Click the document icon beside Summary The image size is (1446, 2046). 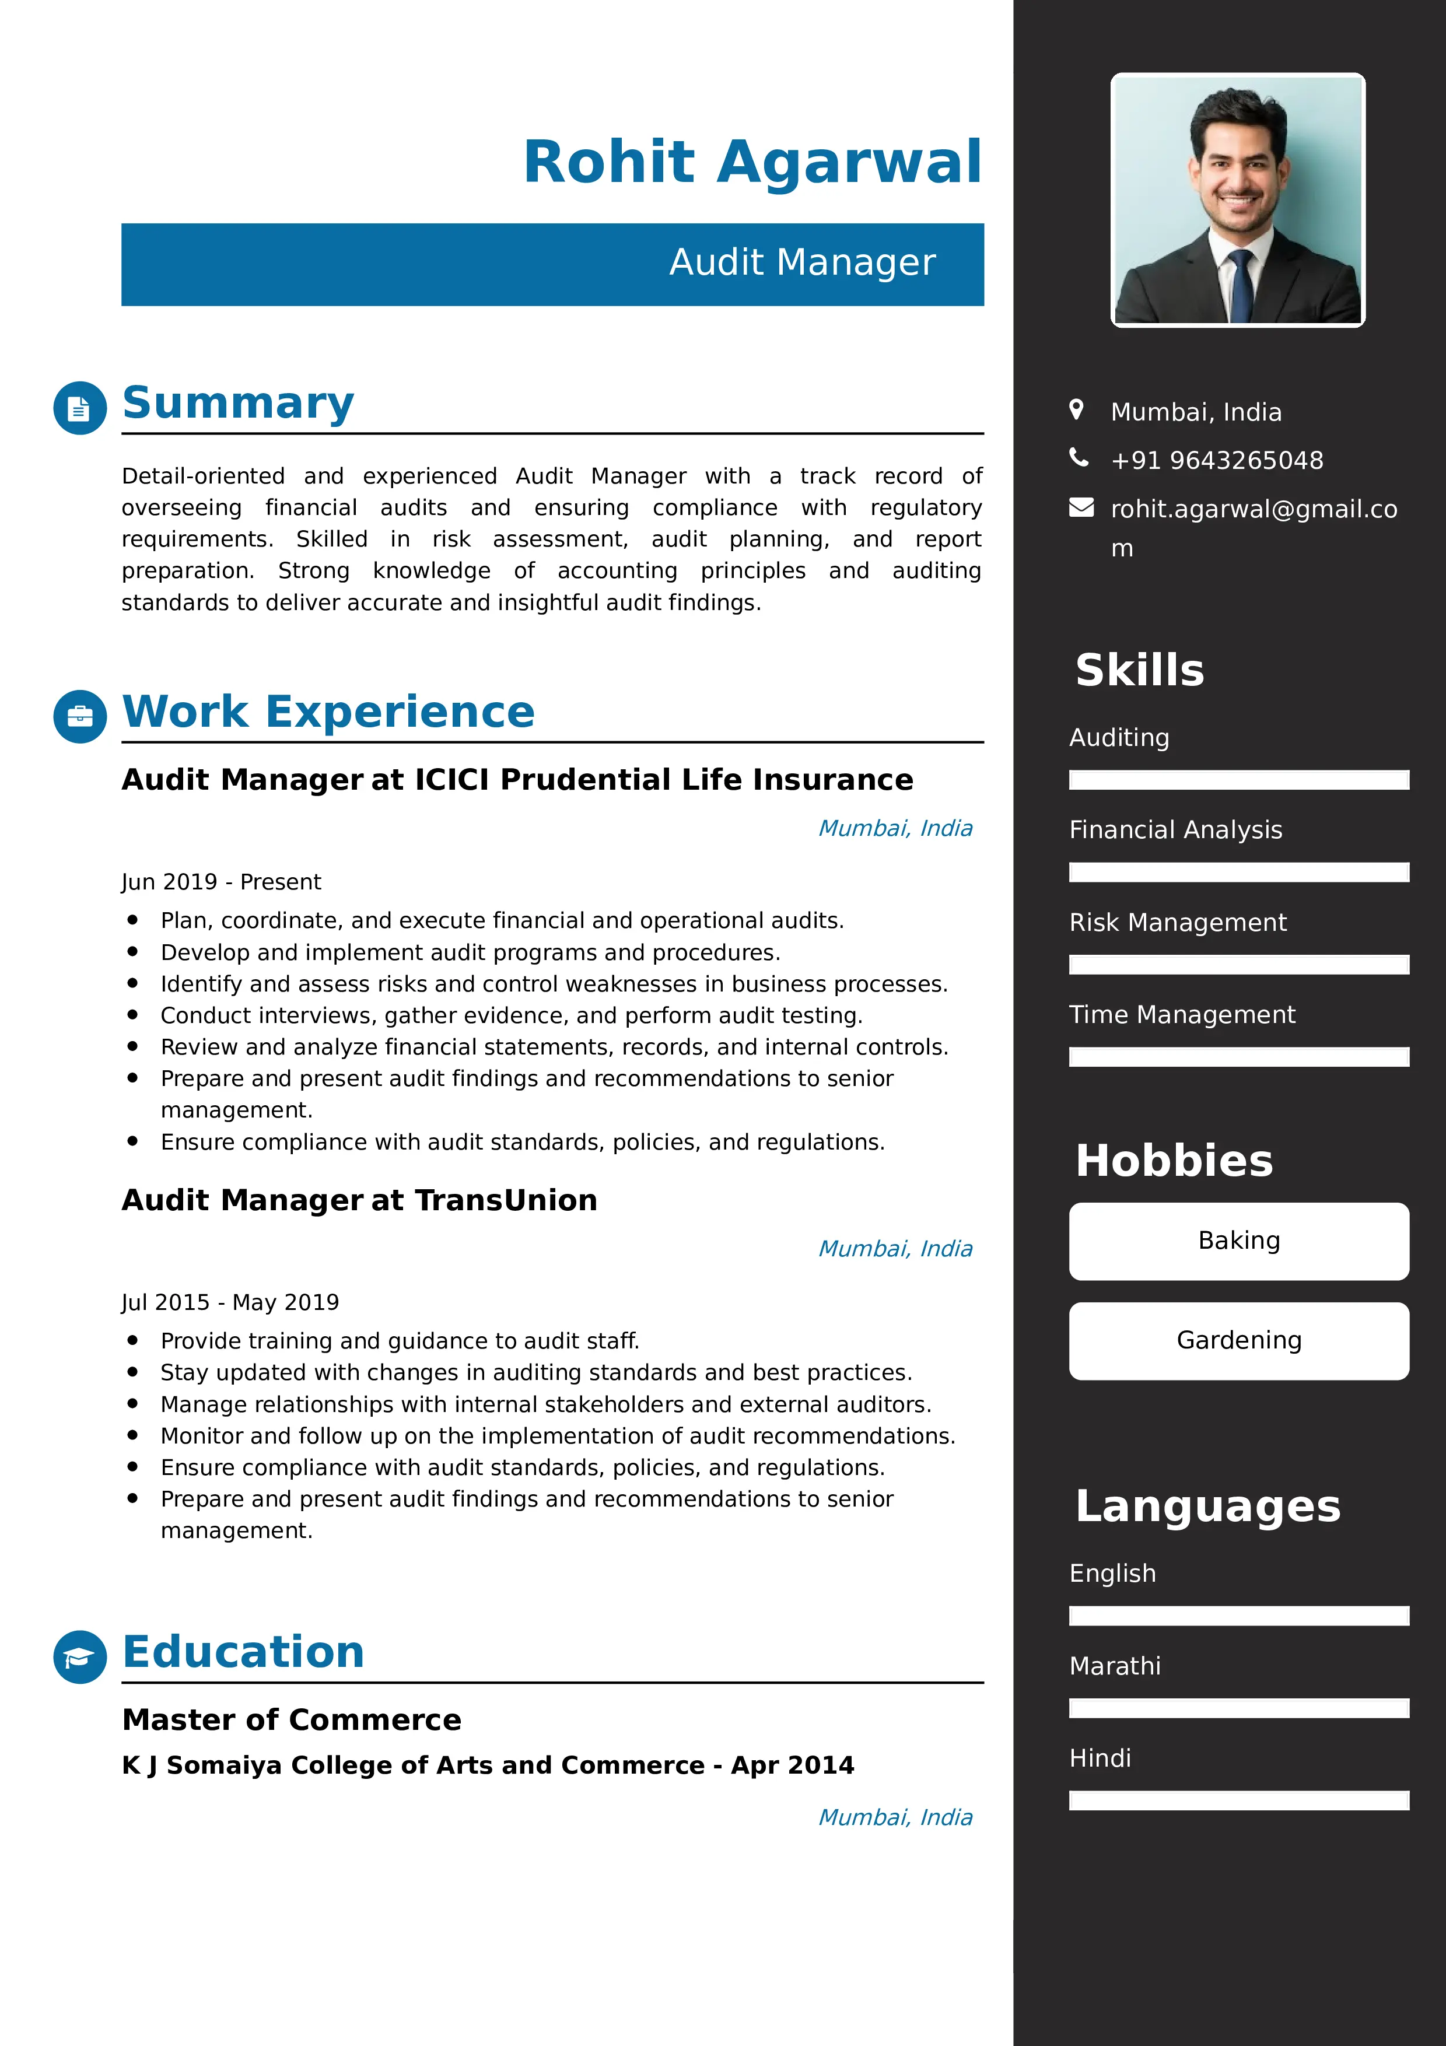pyautogui.click(x=80, y=408)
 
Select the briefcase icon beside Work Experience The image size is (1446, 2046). pyautogui.click(x=80, y=716)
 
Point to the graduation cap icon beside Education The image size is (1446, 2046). pyautogui.click(x=80, y=1656)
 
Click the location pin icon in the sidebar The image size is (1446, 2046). pyautogui.click(x=1076, y=410)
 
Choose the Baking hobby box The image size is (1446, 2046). pyautogui.click(x=1238, y=1241)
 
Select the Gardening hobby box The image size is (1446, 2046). pyautogui.click(x=1238, y=1340)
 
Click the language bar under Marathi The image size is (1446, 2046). pyautogui.click(x=1238, y=1708)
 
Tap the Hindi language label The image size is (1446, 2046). pyautogui.click(x=1100, y=1758)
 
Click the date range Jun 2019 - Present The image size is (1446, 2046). pyautogui.click(x=221, y=882)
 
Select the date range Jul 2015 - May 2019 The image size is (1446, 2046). pyautogui.click(x=230, y=1303)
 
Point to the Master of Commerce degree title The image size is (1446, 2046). pyautogui.click(x=291, y=1720)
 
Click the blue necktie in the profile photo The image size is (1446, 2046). pyautogui.click(x=1240, y=285)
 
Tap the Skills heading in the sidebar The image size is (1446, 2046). pyautogui.click(x=1140, y=670)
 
